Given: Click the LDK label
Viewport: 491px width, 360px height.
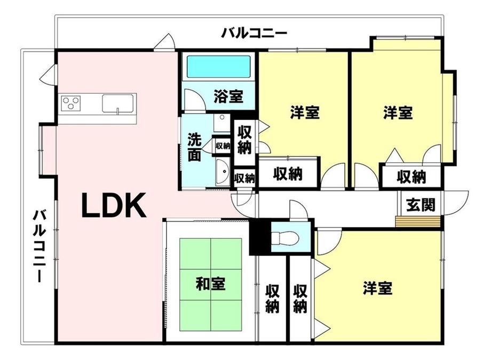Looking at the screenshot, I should tap(114, 205).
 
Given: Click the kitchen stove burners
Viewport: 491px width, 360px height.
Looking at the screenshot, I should tap(71, 102).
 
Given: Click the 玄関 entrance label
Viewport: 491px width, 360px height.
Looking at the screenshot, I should tap(421, 204).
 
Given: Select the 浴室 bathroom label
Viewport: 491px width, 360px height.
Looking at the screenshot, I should tap(228, 97).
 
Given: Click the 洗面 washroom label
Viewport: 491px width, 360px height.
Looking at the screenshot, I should tap(194, 147).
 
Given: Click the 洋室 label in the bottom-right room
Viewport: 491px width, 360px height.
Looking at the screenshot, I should tap(378, 289).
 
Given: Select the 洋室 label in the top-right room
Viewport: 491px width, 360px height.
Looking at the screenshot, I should tap(398, 113).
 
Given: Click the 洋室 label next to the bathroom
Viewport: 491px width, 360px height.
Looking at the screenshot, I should tap(305, 113).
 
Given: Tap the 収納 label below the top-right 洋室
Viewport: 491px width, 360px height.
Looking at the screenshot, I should tap(411, 176).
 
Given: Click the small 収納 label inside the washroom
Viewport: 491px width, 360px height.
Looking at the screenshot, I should tap(223, 145).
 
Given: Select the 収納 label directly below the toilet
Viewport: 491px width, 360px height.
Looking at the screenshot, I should tap(300, 299).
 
